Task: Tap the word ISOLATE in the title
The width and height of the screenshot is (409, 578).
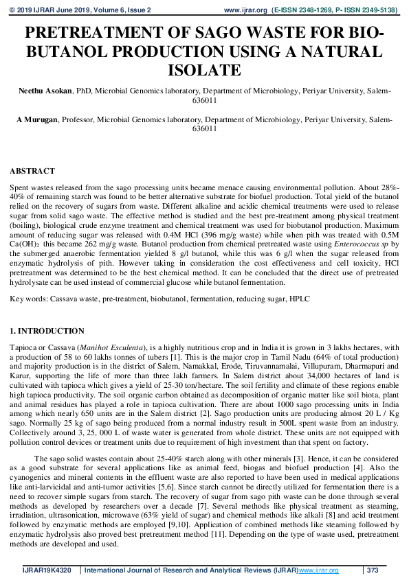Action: point(204,70)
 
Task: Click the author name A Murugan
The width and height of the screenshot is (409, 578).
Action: point(38,119)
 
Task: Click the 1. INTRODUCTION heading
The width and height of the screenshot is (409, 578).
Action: point(47,331)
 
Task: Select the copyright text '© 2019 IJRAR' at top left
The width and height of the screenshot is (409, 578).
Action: point(30,11)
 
